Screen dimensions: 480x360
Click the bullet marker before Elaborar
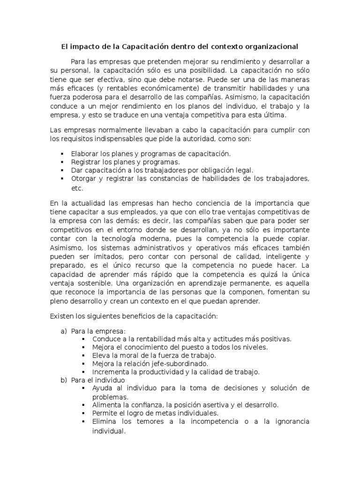pyautogui.click(x=62, y=154)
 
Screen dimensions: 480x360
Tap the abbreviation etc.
pyautogui.click(x=76, y=188)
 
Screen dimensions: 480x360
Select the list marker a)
pyautogui.click(x=64, y=331)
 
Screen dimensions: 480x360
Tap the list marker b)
pyautogui.click(x=64, y=380)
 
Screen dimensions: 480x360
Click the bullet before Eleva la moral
pyautogui.click(x=83, y=355)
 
